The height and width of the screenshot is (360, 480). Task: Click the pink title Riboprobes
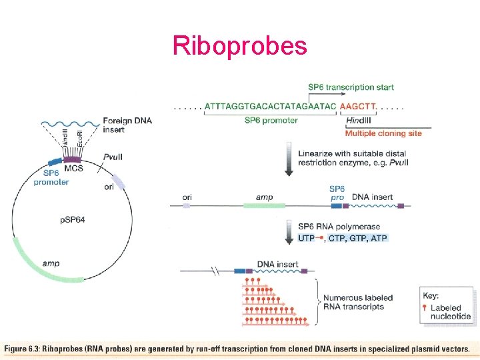click(x=240, y=46)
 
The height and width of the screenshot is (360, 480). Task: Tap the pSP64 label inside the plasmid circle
click(x=73, y=220)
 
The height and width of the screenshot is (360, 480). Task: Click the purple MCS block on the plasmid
click(x=72, y=159)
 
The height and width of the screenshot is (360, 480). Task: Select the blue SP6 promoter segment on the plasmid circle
click(x=55, y=162)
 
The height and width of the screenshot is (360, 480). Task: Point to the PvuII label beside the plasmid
click(x=113, y=157)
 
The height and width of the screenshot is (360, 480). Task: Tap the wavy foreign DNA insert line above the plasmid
click(x=71, y=124)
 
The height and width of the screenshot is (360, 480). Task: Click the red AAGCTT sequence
click(x=357, y=107)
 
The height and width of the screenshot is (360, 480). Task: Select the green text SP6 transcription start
click(x=351, y=87)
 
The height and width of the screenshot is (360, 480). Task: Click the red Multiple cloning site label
click(x=383, y=133)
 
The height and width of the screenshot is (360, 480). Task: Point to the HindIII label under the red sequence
click(x=358, y=121)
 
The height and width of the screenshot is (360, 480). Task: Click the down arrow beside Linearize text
click(x=289, y=159)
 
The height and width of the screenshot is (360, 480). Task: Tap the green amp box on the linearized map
click(x=264, y=206)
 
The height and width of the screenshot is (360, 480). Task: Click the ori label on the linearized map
click(x=187, y=197)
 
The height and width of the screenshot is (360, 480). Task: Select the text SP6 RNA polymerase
click(x=339, y=227)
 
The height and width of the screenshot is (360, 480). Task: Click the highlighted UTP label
click(x=306, y=238)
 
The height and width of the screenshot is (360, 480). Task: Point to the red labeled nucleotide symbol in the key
click(x=424, y=307)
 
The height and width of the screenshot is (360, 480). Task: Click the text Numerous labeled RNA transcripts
click(x=357, y=302)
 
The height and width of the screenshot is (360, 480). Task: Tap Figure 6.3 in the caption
click(x=21, y=349)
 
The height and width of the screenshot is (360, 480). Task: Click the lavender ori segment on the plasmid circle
click(x=118, y=181)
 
